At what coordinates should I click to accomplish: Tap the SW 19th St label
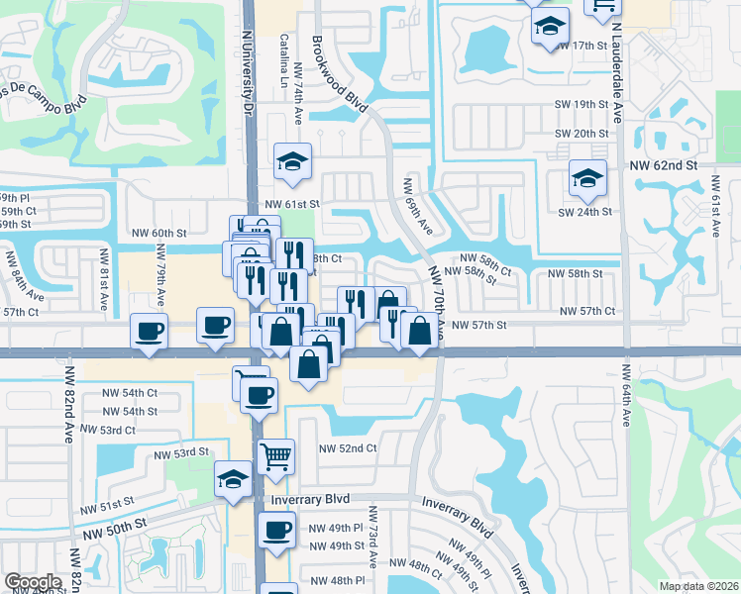pos(582,104)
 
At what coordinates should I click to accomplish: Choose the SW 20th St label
pos(582,134)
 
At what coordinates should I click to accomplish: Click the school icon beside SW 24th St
pos(587,178)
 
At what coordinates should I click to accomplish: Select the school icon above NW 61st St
pos(293,162)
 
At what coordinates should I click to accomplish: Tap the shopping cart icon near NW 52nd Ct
pos(276,456)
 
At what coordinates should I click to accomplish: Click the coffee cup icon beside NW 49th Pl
pos(276,529)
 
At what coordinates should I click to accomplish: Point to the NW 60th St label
pos(159,234)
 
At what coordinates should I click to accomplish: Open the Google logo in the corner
pos(33,582)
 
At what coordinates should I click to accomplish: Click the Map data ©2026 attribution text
pos(697,585)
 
